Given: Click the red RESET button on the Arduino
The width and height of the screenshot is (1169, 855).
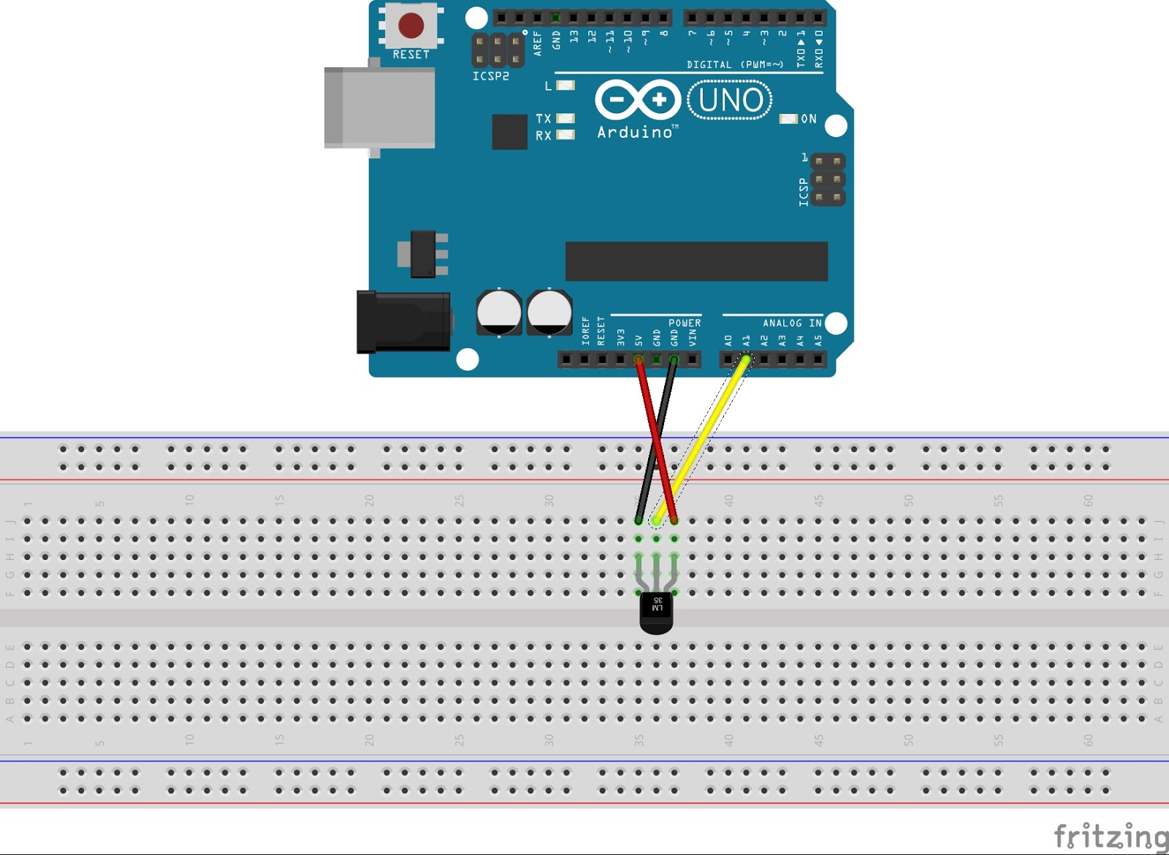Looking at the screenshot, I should coord(411,26).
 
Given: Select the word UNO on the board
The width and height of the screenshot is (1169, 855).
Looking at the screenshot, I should coord(730,100).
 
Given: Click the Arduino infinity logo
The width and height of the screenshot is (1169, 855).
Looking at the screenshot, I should coord(638,99).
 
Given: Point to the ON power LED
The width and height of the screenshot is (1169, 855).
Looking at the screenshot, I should coord(788,119).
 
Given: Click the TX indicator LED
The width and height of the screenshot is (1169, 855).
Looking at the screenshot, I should coord(566,118).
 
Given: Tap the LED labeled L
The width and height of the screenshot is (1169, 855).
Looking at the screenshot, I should coord(566,85).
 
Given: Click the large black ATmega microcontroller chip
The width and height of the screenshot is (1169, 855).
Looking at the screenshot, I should coord(696,261).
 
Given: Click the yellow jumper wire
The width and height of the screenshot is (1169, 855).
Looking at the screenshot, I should coord(701,439).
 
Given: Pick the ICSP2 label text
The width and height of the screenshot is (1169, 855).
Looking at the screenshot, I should coord(490,76).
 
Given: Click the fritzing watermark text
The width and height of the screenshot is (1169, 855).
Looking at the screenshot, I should coord(1111,835).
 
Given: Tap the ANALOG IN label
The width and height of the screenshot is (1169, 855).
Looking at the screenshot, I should coord(792,323).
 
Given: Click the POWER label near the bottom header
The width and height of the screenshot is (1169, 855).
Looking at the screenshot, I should coord(685,323).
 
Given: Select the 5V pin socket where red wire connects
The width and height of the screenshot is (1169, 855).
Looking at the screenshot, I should coord(639,359).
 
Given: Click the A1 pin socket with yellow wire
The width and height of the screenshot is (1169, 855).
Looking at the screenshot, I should coord(746,359).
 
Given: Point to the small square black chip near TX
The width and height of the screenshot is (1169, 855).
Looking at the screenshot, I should coord(509,131).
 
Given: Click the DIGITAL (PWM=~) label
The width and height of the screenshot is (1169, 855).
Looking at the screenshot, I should coord(734,64).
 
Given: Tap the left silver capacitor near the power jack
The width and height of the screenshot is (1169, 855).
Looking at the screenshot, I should coord(499,312).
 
